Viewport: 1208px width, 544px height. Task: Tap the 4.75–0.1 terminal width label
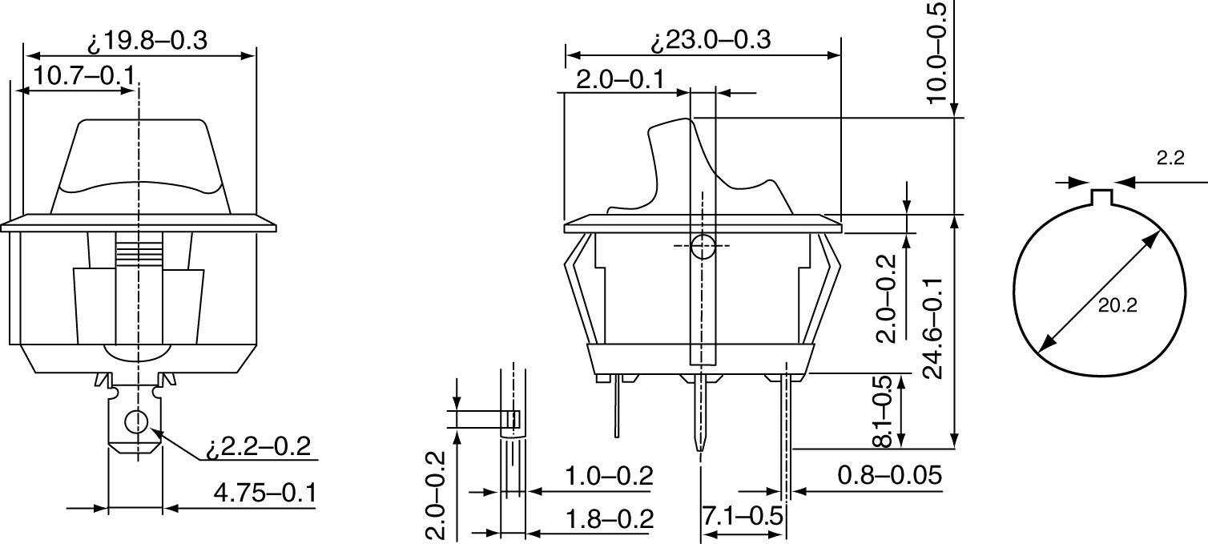pos(264,492)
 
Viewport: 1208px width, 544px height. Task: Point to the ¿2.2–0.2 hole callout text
pos(258,446)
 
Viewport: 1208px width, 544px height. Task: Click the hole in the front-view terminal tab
pos(137,421)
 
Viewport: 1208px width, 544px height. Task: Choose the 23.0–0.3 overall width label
pos(711,40)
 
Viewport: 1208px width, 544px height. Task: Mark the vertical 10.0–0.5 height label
pos(936,52)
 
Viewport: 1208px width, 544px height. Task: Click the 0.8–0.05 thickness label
pos(889,475)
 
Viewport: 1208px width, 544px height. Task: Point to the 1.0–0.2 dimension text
pos(609,476)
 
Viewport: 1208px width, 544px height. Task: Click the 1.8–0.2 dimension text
pos(609,518)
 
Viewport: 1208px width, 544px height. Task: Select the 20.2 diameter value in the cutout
pos(1117,304)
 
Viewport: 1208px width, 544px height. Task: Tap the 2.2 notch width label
pos(1170,159)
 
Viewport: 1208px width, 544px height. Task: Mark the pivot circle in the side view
pos(703,246)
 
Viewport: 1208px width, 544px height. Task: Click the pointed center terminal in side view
pos(699,417)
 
